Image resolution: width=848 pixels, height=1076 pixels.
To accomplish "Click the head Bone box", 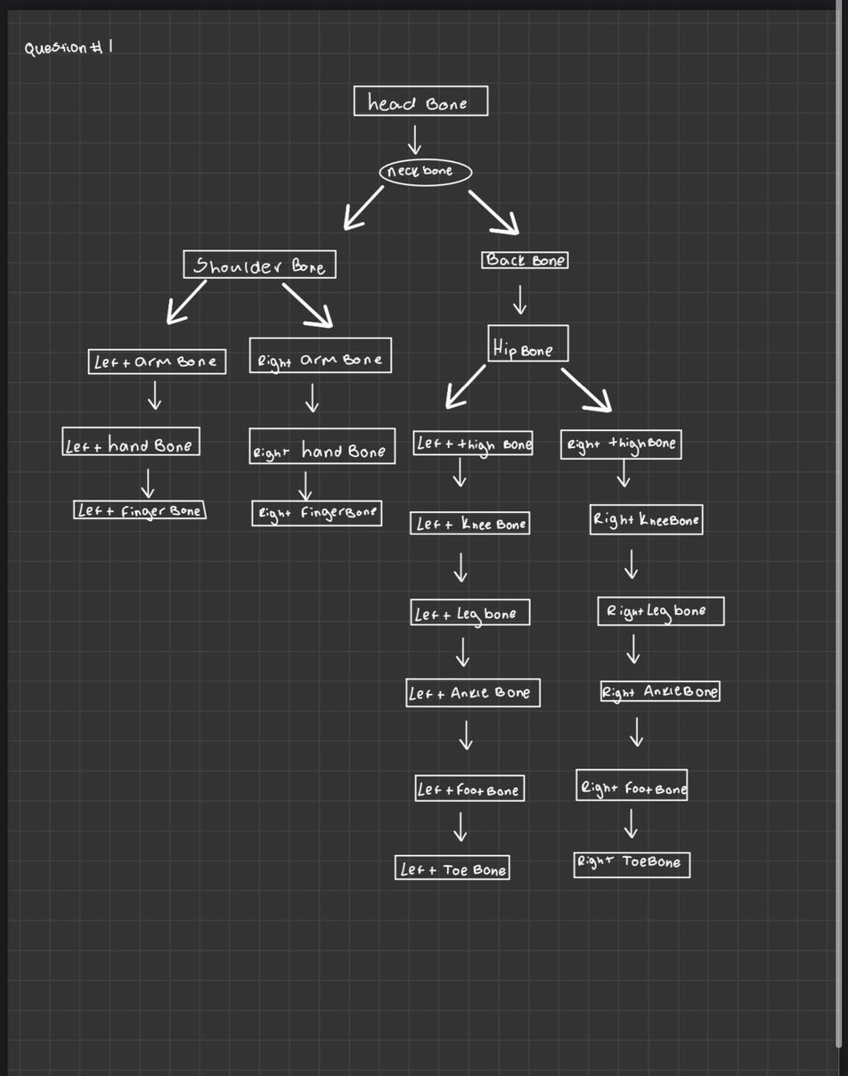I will (420, 102).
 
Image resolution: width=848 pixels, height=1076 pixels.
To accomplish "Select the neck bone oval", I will (425, 171).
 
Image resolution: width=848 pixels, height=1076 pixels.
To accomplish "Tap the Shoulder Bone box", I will (259, 265).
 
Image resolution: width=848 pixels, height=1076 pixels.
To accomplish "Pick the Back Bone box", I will (525, 260).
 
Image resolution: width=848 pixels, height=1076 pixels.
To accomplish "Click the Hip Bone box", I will (527, 344).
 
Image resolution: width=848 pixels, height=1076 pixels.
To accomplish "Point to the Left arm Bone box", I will (157, 361).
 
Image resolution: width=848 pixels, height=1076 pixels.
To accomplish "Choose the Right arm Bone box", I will (320, 355).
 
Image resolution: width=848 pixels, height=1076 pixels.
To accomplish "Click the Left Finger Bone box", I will (140, 510).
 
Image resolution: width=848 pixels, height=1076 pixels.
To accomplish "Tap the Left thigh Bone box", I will (473, 444).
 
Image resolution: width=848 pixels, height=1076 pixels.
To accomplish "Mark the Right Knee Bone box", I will (646, 519).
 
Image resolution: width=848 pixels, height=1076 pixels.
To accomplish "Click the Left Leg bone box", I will (469, 612).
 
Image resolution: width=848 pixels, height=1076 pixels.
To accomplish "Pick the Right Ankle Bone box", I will (660, 691).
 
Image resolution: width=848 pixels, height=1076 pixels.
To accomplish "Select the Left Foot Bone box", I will (469, 788).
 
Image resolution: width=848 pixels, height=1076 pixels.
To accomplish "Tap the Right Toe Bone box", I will (632, 863).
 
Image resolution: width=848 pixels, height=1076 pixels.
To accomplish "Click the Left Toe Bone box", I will (453, 868).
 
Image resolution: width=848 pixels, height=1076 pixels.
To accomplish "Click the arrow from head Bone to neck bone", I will (414, 140).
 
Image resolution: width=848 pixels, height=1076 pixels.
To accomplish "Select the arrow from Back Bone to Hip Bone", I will (519, 300).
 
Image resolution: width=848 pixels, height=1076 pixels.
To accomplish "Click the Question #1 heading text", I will (69, 47).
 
